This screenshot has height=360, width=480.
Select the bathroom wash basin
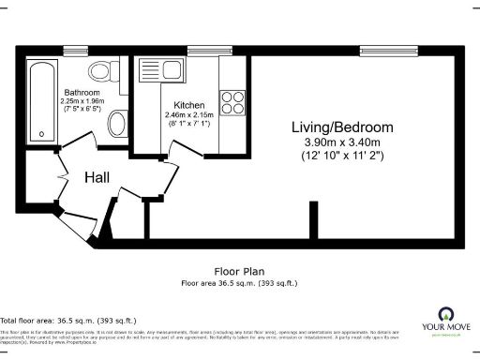[x=117, y=123]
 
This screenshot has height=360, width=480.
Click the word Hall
[x=99, y=177]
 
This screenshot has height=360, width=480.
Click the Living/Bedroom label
[x=341, y=127]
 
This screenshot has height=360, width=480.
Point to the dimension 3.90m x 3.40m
[x=341, y=142]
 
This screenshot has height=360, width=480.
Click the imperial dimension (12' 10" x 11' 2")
[x=341, y=155]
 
